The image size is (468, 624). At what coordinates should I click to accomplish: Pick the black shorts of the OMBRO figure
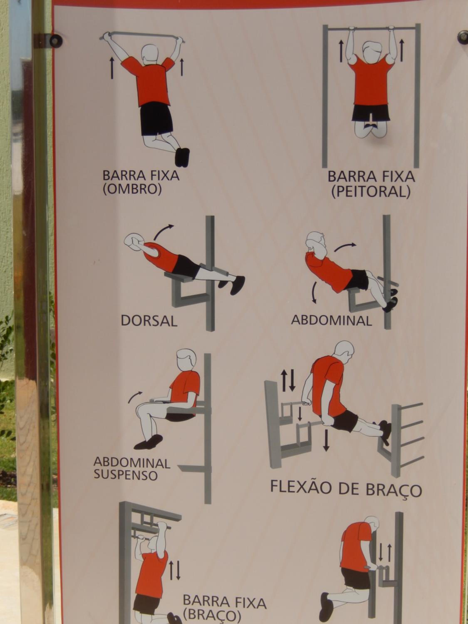tap(156, 119)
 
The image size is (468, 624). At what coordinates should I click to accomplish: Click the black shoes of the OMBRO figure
tap(182, 157)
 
